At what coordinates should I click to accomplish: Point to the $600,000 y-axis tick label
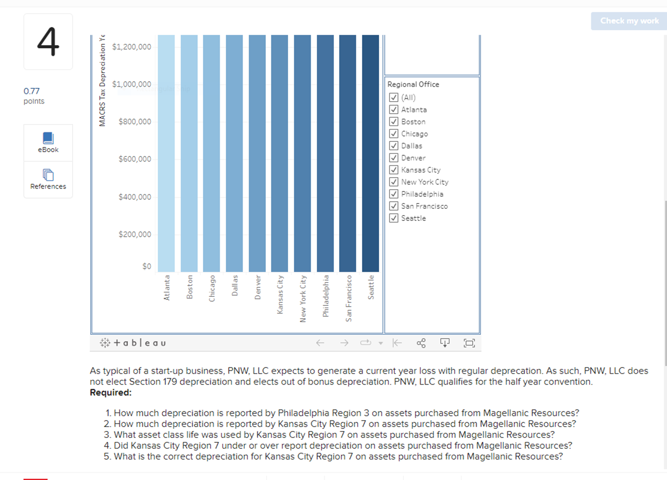[135, 159]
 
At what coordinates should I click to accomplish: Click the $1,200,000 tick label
[132, 47]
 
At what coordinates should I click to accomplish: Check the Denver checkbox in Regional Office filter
[393, 158]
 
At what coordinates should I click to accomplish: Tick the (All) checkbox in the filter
[393, 97]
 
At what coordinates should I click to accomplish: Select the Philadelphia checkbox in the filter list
[393, 194]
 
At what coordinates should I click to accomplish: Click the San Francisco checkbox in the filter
[393, 206]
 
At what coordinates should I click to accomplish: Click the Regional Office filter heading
[413, 85]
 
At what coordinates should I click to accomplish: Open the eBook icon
[48, 138]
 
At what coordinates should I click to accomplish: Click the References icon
[48, 175]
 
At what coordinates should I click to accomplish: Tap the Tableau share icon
[421, 343]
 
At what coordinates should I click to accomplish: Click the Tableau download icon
[445, 343]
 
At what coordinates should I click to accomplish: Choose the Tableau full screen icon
[469, 343]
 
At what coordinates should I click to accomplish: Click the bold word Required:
[111, 393]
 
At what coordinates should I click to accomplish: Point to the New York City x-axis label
[303, 298]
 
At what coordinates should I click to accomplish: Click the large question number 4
[48, 42]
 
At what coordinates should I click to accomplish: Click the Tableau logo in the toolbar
[133, 343]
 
